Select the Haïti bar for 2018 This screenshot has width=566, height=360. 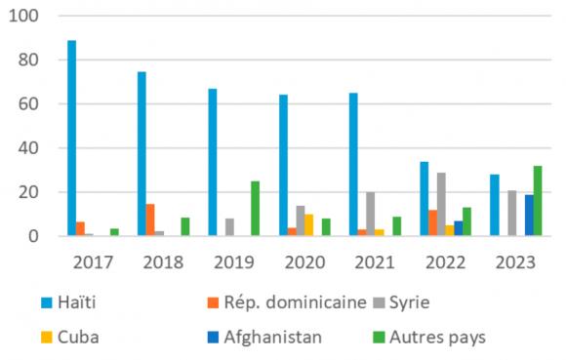141,154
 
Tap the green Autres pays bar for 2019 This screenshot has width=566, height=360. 255,209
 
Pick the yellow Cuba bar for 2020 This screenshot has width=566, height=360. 309,225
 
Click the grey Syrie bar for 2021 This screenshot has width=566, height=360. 370,215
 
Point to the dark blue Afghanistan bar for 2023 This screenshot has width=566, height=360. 528,216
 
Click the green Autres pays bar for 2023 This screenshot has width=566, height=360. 538,201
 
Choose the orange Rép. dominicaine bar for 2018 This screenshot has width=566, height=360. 150,220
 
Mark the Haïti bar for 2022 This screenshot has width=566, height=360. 424,199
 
